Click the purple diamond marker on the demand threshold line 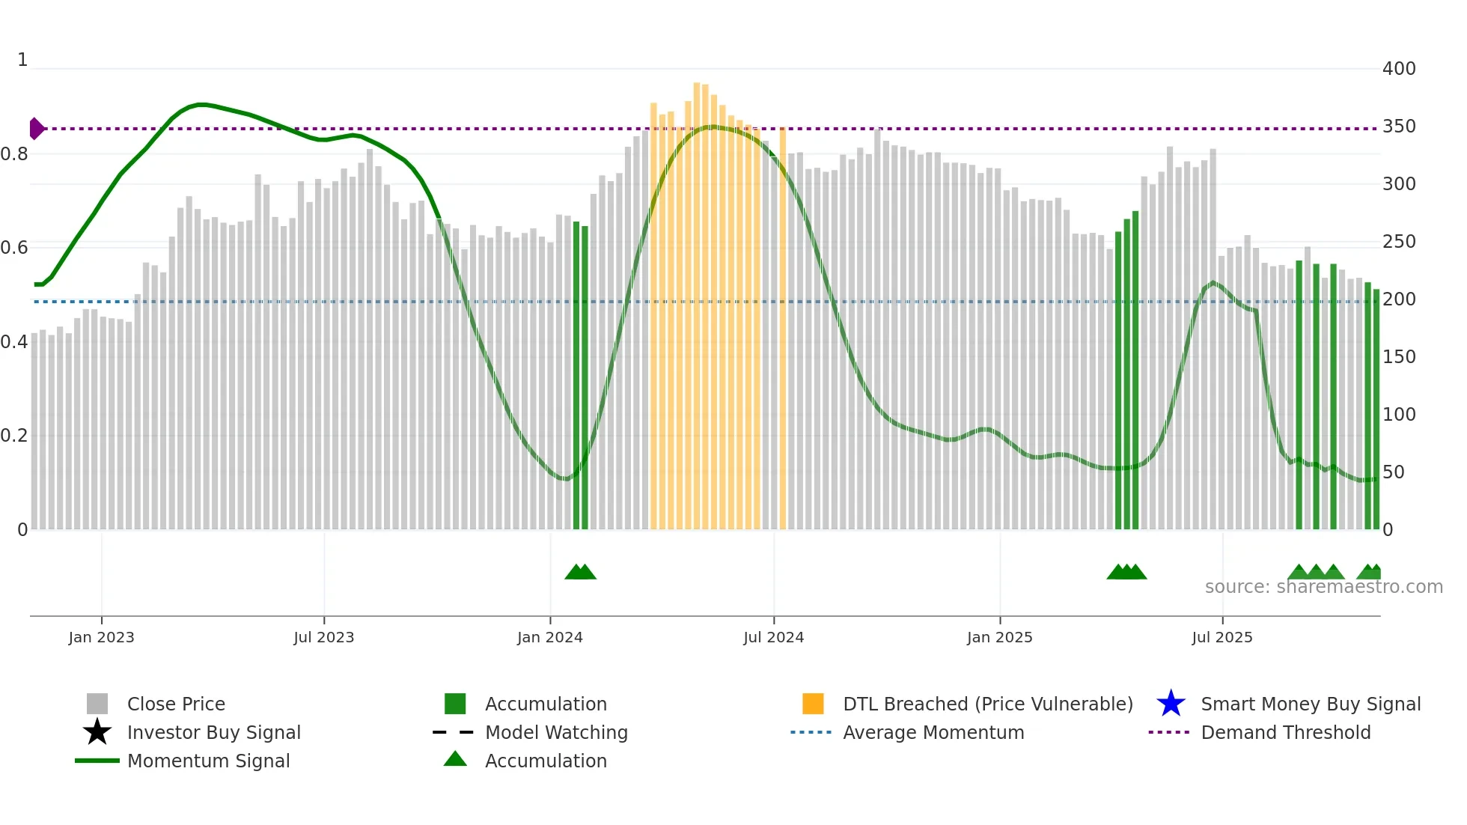(37, 129)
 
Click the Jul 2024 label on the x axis (773, 638)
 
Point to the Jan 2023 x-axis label (101, 638)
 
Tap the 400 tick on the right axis (1398, 69)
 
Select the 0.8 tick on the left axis (14, 154)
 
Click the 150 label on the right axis (1398, 357)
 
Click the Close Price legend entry (175, 704)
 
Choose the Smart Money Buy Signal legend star (1171, 704)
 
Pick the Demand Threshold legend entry (1285, 732)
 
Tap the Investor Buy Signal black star (97, 732)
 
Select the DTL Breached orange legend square (813, 704)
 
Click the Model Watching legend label (556, 732)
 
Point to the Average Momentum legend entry (933, 732)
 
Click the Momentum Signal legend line (97, 761)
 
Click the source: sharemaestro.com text (1323, 587)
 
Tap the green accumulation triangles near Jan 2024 (580, 572)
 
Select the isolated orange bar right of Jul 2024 (783, 329)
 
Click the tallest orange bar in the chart (697, 307)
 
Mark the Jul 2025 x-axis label (1222, 638)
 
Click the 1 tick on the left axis (22, 60)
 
